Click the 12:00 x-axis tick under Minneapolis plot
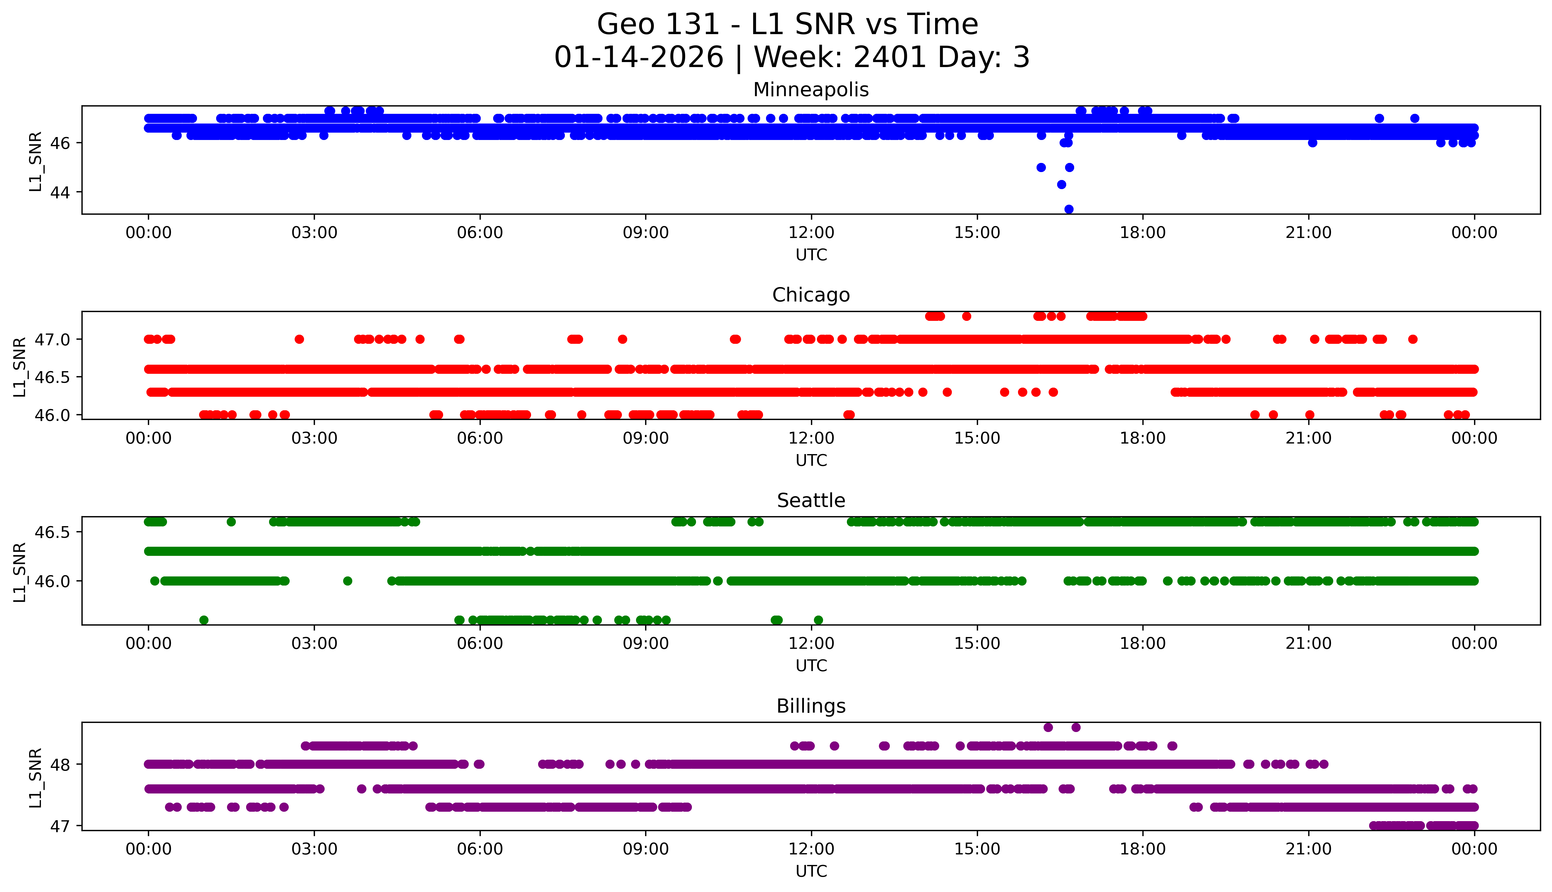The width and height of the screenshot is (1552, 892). click(x=811, y=233)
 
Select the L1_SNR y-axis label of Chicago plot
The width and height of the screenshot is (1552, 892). click(x=20, y=366)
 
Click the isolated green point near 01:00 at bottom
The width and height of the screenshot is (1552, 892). click(x=204, y=620)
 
